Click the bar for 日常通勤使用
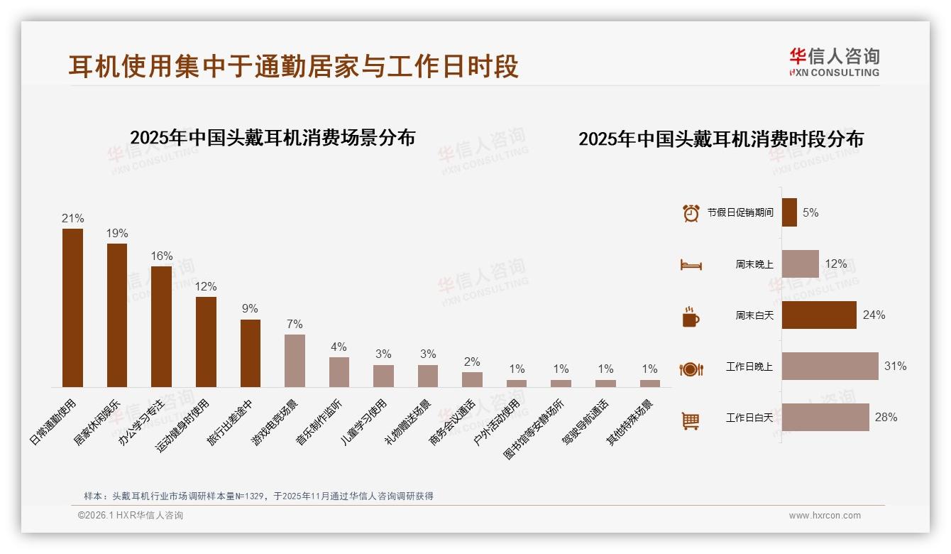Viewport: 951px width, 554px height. pos(72,308)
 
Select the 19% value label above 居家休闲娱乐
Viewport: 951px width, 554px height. pos(117,233)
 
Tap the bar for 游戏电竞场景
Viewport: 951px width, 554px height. pos(295,360)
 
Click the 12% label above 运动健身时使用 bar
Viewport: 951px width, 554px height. pos(206,286)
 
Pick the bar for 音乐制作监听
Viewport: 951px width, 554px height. pos(339,371)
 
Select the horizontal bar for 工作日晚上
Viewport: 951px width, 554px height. pos(830,366)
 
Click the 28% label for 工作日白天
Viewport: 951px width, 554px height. pos(886,418)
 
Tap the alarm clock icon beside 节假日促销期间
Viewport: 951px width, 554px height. pos(691,213)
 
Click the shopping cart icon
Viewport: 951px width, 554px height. pos(691,421)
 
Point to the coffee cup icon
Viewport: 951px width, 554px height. pos(691,317)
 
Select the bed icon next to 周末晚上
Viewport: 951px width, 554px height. pos(691,265)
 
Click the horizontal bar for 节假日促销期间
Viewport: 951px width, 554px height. pos(789,212)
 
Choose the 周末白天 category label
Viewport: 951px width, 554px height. pos(754,315)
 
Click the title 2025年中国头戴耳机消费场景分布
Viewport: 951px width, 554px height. pos(273,138)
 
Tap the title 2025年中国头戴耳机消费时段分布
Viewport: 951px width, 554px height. pos(720,139)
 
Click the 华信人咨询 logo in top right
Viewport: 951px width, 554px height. pos(834,63)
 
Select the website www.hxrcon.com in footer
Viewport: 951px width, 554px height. pos(825,516)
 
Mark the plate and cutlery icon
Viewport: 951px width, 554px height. pos(691,369)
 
